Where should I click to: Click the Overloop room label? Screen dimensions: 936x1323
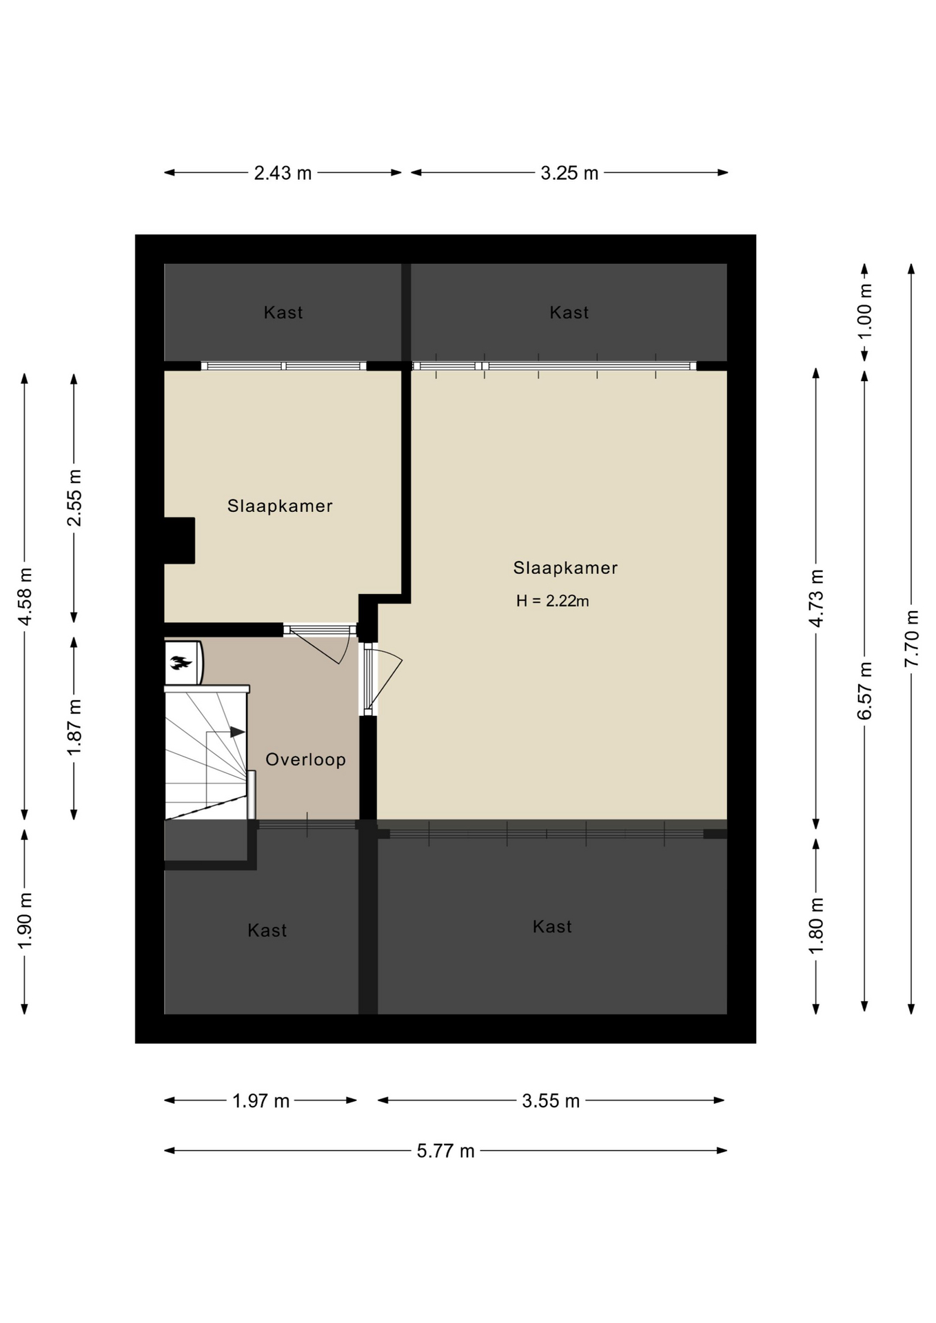[305, 759]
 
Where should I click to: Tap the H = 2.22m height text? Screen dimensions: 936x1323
[552, 601]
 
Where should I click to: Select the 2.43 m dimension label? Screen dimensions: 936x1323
[283, 173]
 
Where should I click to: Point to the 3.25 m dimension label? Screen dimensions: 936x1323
[569, 173]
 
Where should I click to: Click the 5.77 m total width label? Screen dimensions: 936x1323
[445, 1151]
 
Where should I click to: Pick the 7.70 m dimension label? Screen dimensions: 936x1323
[911, 638]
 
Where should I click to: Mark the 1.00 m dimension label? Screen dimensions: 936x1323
[864, 310]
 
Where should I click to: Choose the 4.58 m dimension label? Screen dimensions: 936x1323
[25, 597]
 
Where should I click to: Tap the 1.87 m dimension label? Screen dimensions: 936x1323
[74, 727]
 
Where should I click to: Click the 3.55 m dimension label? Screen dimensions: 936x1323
[551, 1101]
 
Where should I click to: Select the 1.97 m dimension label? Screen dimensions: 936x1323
[261, 1101]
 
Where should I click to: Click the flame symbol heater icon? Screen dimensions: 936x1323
[181, 664]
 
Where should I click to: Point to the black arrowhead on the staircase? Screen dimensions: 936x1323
[238, 732]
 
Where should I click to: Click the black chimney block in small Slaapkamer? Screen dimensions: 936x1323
[179, 541]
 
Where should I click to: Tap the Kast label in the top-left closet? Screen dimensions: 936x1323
[283, 313]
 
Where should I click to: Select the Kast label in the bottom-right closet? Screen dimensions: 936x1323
[552, 927]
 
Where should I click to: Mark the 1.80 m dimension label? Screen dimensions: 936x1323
[816, 925]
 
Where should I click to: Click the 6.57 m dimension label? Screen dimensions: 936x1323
[864, 690]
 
